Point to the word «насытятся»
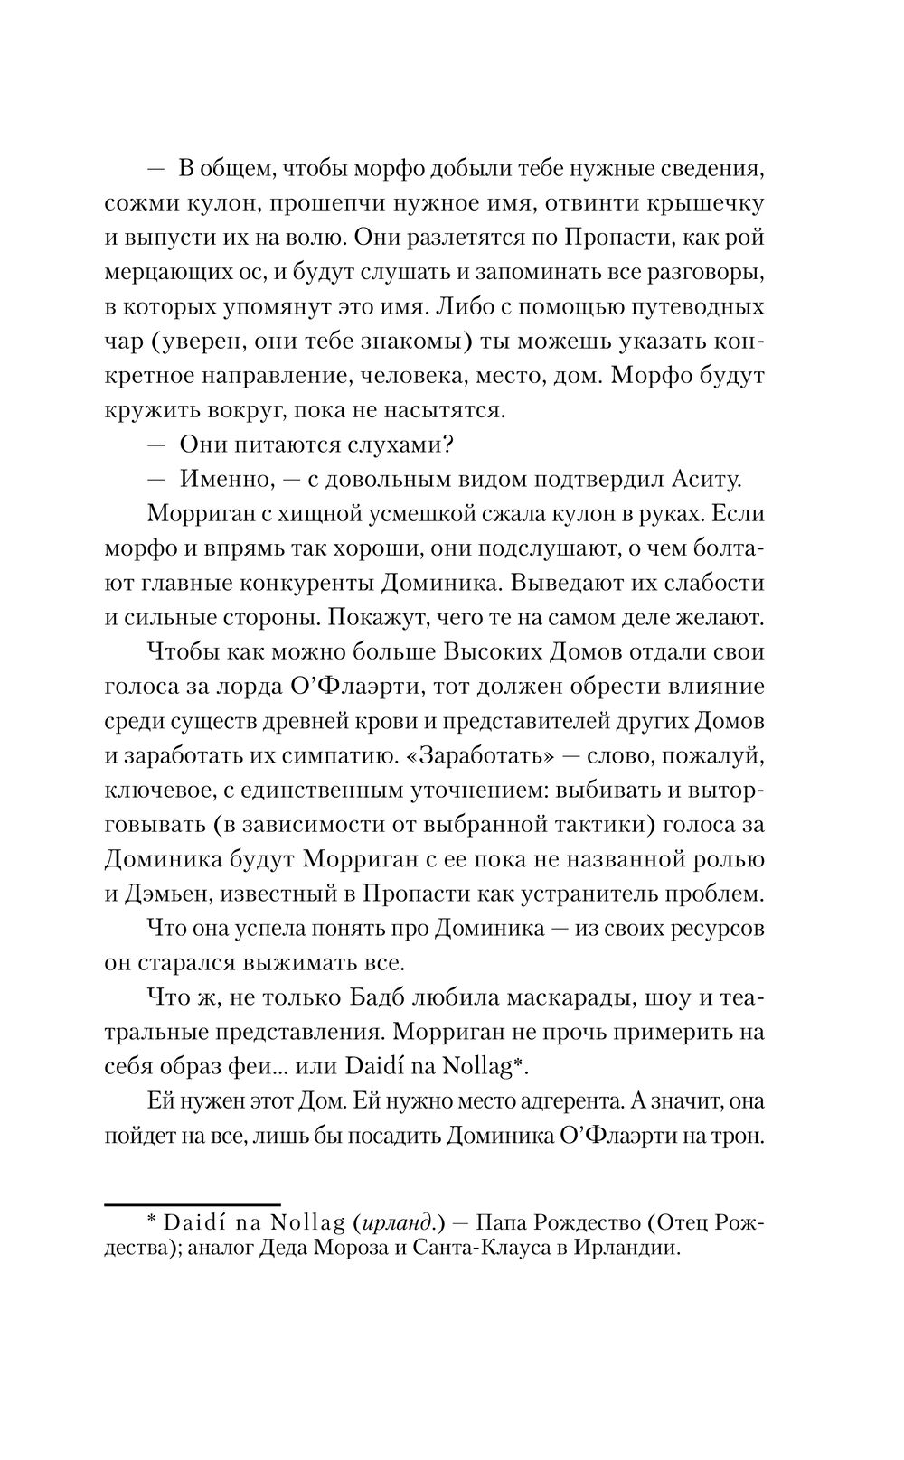(x=439, y=410)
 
